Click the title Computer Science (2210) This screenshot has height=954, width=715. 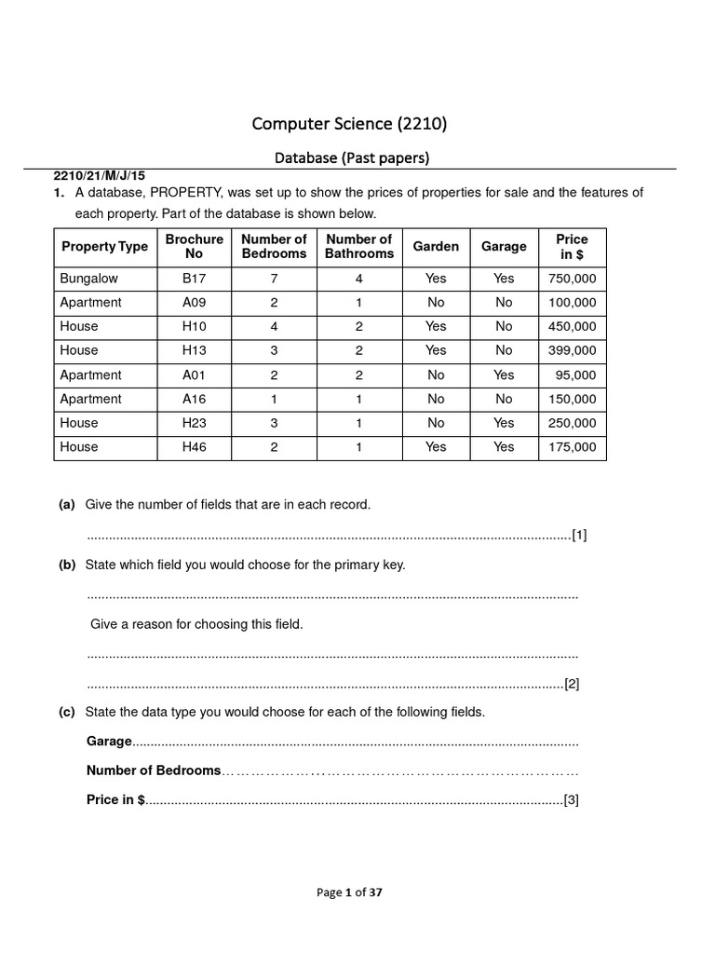coord(352,123)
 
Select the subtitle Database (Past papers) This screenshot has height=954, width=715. coord(352,157)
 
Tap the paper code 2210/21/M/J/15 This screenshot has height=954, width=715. coord(100,175)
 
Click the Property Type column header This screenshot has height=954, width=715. coord(104,247)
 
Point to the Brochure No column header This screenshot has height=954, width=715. coord(194,247)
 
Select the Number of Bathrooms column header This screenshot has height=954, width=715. coord(358,247)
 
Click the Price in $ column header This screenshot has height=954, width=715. coord(572,247)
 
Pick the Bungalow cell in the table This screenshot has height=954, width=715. coord(89,279)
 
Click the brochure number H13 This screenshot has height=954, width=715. coord(194,350)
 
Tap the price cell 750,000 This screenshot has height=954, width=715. coord(573,279)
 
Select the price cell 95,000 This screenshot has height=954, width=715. coord(576,375)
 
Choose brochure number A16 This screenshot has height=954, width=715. coord(194,399)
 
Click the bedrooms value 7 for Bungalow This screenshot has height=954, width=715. coord(274,279)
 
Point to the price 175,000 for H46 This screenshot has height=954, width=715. coord(573,447)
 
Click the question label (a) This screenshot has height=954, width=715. coord(67,505)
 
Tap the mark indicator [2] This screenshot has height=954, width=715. coord(572,684)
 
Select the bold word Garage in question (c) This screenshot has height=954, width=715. coord(109,743)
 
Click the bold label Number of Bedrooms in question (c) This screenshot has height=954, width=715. coord(154,770)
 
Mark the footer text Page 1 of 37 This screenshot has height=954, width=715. coord(349,893)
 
